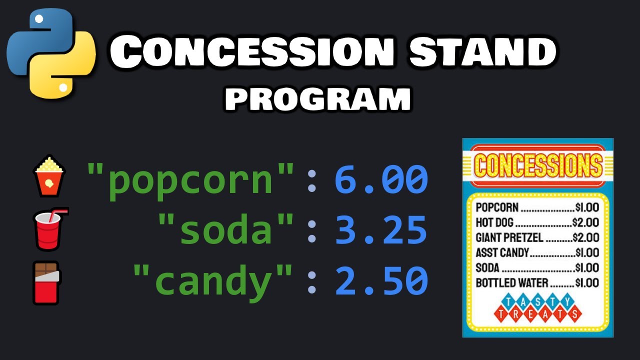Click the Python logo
pos(50,54)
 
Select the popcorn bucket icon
pos(48,175)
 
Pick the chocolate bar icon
pos(46,282)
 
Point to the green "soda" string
pos(226,230)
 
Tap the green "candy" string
pos(213,280)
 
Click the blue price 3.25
pos(381,230)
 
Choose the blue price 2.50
pos(381,280)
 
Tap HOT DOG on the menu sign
pos(495,222)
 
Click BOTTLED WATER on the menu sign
pos(512,282)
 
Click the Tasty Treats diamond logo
pos(538,308)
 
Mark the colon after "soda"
pos(312,230)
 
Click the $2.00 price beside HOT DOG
pos(585,222)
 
